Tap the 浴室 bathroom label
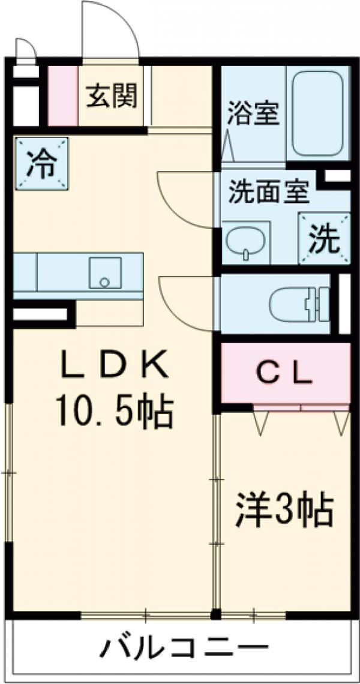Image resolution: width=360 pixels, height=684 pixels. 253,114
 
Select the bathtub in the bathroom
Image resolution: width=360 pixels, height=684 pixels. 318,114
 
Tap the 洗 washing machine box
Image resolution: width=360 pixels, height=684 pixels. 324,239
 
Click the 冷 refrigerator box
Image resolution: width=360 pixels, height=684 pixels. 41,163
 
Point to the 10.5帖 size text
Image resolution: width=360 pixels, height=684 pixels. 114,412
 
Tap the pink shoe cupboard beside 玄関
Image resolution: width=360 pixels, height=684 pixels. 62,96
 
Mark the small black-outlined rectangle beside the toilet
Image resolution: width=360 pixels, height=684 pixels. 344,303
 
